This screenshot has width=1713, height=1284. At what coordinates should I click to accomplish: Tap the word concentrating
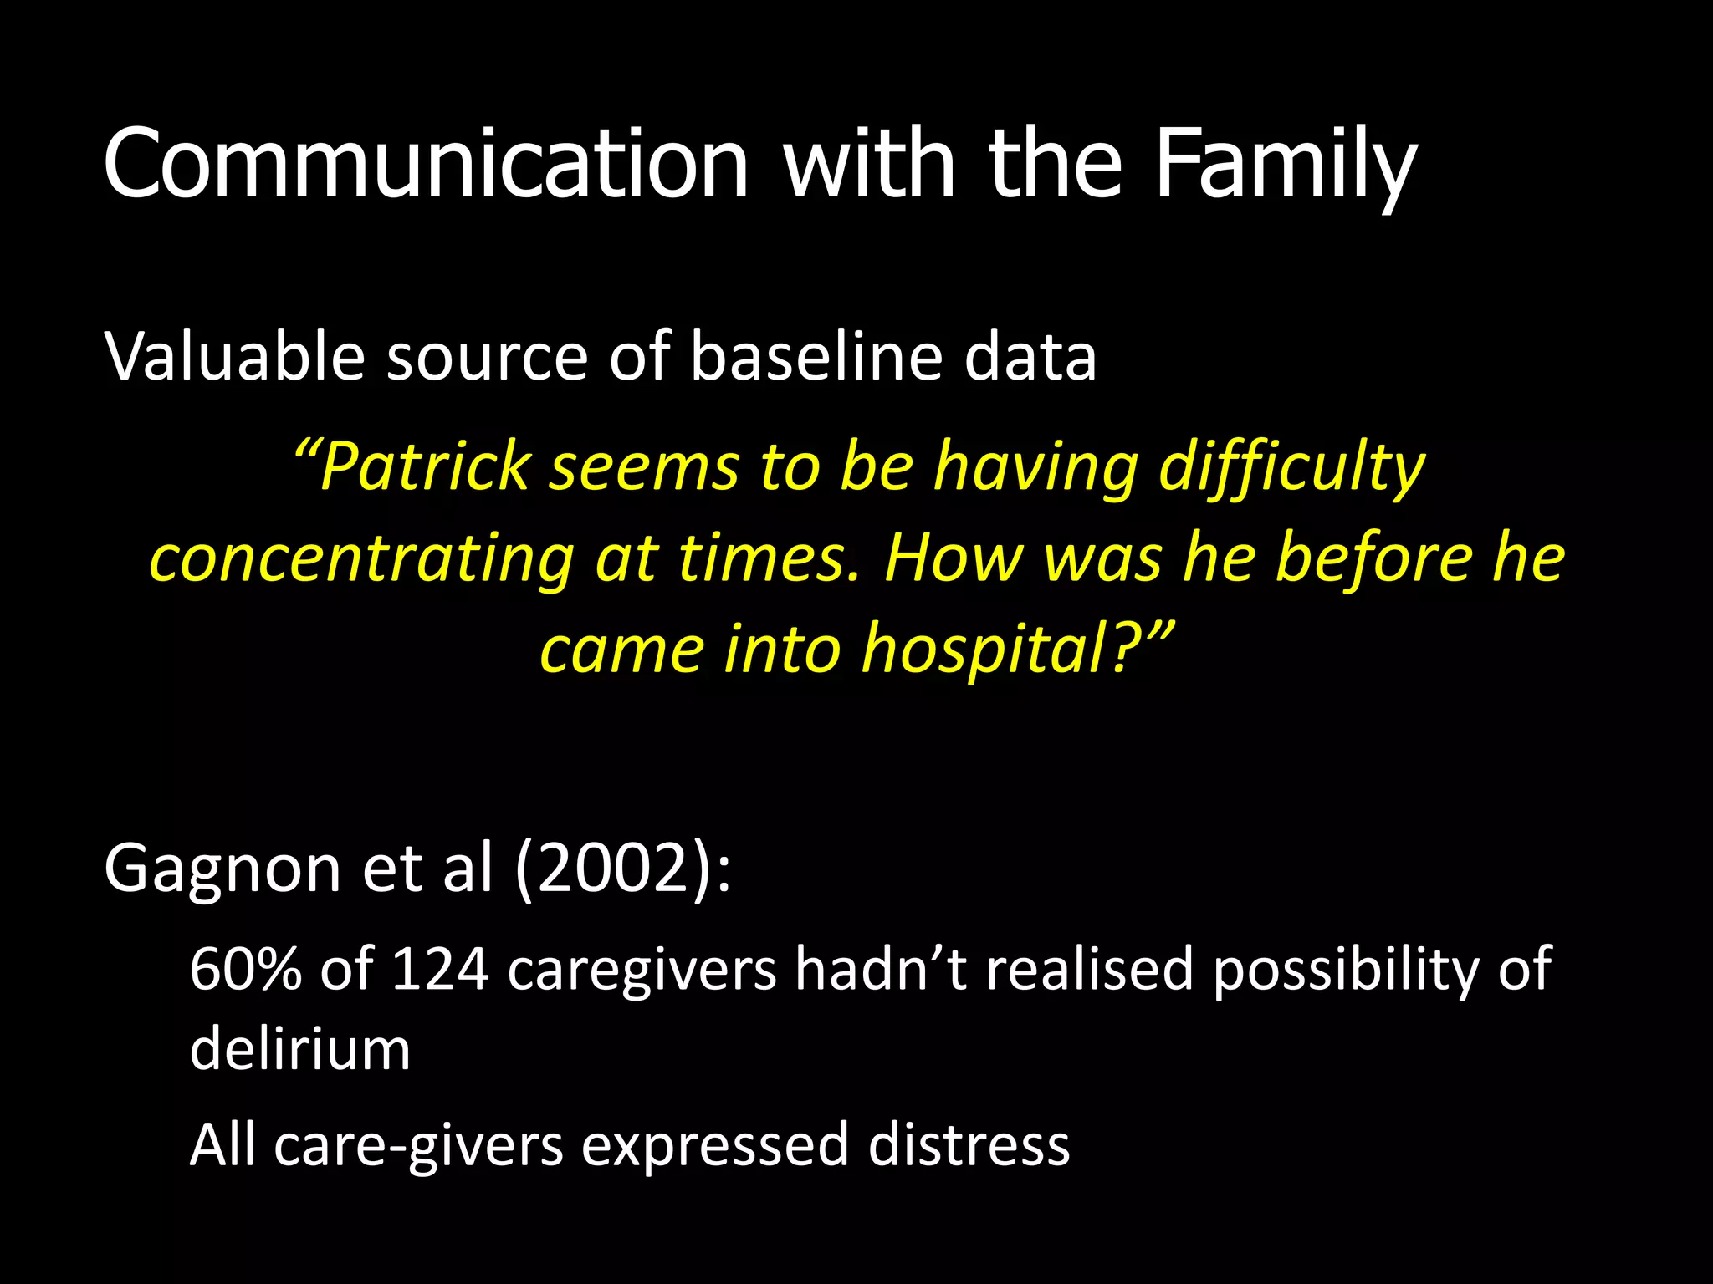(x=360, y=558)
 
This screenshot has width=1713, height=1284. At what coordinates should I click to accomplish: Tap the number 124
(x=439, y=969)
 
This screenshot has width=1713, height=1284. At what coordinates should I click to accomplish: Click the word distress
(x=968, y=1144)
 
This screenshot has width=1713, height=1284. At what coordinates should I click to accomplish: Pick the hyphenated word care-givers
(x=418, y=1146)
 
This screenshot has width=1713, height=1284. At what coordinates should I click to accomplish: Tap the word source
(x=487, y=358)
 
